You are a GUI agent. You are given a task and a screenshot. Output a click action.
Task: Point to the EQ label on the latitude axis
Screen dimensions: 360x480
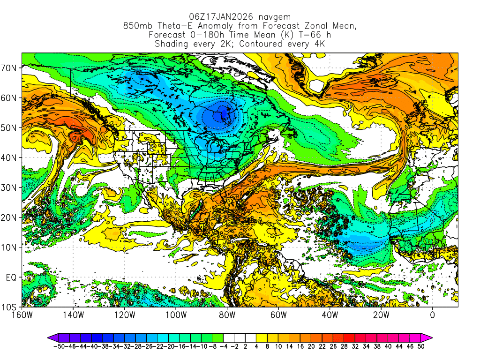[x=11, y=277]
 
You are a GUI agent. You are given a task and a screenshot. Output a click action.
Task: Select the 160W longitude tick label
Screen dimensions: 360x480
[x=22, y=315]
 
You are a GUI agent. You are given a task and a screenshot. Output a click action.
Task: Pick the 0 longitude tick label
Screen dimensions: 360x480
[x=432, y=315]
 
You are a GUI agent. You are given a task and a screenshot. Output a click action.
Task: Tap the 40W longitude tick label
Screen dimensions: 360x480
[x=330, y=315]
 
